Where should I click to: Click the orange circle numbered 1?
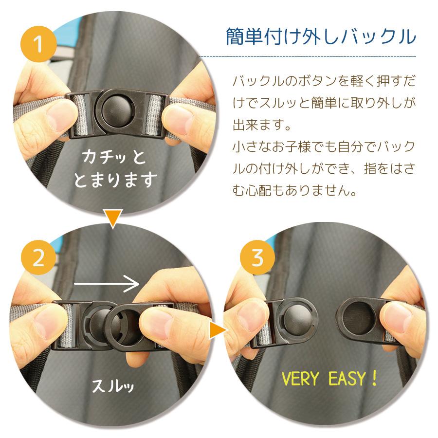tap(38, 44)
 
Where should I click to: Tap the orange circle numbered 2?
tap(38, 257)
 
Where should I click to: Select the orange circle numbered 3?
tap(257, 257)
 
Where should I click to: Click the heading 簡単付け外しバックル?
tap(321, 36)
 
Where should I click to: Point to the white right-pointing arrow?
tap(107, 284)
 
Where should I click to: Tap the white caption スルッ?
tap(112, 386)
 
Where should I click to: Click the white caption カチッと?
tap(113, 157)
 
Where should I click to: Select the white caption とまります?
tap(115, 180)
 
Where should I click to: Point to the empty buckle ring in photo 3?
tap(359, 318)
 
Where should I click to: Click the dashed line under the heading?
tap(308, 56)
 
